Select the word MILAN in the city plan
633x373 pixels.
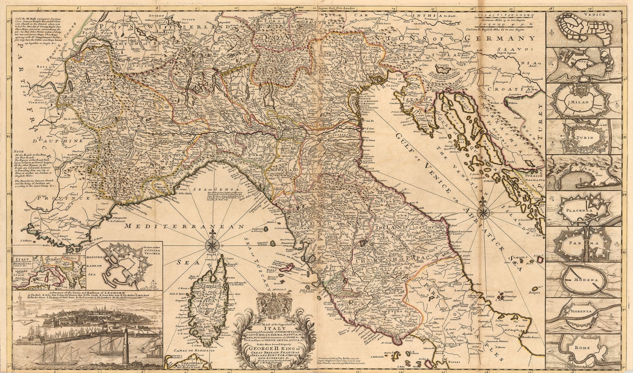[580, 102]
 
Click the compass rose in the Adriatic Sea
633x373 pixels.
[483, 213]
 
